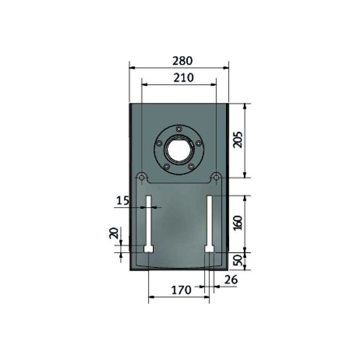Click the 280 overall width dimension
(x=179, y=61)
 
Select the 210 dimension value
(x=179, y=78)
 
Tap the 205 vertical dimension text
(x=237, y=140)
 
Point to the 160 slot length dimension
(x=237, y=224)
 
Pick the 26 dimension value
(x=230, y=280)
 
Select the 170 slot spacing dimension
(x=181, y=290)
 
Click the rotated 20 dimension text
(x=113, y=233)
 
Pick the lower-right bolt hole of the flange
(x=191, y=166)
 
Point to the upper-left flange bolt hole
(x=159, y=143)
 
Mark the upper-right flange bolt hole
(x=198, y=143)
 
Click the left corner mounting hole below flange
(x=141, y=177)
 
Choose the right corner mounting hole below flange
(x=216, y=177)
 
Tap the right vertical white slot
(x=210, y=220)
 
